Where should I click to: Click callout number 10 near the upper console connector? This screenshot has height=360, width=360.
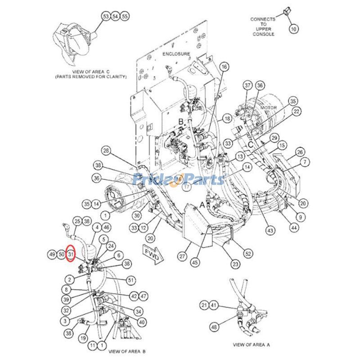[293, 29]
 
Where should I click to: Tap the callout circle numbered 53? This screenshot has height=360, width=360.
[106, 17]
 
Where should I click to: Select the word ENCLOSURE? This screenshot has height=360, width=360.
[176, 54]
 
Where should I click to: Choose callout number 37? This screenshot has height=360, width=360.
[247, 85]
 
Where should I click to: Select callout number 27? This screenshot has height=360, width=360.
[182, 256]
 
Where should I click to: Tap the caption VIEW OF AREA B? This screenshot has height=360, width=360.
[126, 351]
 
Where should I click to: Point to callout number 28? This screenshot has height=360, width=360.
[106, 150]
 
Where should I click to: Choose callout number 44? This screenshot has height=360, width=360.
[294, 228]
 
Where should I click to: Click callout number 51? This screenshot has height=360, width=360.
[131, 280]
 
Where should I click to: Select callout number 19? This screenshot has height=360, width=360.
[83, 337]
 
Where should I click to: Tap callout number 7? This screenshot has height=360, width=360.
[306, 162]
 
